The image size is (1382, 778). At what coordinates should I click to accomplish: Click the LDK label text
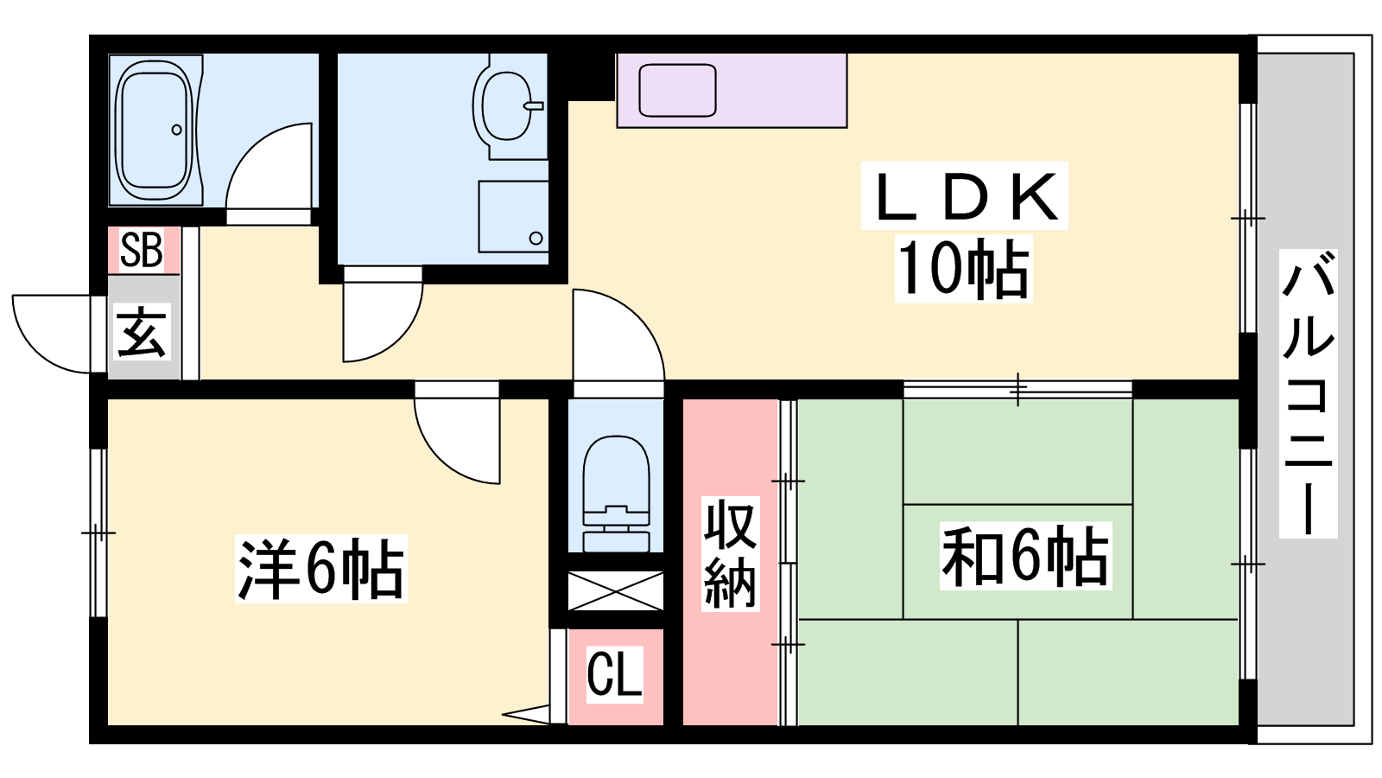964,196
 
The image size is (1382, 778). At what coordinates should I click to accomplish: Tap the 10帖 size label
963,269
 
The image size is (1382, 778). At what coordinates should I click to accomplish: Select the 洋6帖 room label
320,569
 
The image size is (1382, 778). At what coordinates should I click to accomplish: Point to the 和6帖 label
1024,555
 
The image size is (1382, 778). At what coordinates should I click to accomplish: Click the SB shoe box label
142,250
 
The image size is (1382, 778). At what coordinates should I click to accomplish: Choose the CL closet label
613,674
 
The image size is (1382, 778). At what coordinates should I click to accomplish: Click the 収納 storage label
730,554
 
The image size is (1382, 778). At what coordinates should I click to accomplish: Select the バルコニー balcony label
1308,393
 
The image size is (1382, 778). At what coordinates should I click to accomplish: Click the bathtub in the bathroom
155,130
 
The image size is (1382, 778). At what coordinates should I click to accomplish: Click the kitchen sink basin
677,90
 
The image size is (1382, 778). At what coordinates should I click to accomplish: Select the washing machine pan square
513,216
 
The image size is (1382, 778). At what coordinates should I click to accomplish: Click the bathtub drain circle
176,130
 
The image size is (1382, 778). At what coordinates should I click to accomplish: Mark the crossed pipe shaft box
615,591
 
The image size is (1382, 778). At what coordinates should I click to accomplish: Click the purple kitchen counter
732,91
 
